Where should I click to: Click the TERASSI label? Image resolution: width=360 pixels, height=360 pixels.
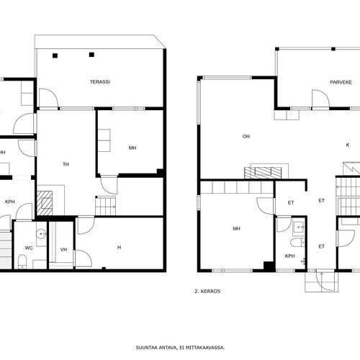(x=100, y=82)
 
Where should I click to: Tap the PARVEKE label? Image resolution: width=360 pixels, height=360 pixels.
(x=341, y=82)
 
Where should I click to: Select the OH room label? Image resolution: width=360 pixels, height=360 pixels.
(x=246, y=136)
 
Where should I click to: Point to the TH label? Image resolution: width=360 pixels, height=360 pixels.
(x=66, y=164)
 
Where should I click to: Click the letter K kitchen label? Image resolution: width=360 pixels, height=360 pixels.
(x=348, y=145)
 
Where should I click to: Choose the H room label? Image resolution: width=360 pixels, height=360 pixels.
(x=119, y=247)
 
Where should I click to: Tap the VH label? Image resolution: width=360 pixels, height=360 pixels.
(x=63, y=250)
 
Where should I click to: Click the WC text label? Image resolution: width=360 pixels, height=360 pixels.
(x=29, y=248)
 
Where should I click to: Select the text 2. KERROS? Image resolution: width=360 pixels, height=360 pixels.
(x=207, y=291)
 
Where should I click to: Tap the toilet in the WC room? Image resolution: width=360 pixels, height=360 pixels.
(x=22, y=262)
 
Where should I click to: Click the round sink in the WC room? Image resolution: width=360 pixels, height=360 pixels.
(x=41, y=233)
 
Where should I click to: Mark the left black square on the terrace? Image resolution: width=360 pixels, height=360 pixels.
(x=55, y=55)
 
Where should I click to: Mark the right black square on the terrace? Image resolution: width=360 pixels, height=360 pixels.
(x=91, y=55)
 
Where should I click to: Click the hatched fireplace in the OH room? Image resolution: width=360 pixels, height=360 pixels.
(x=263, y=173)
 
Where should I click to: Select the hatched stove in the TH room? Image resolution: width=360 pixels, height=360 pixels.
(x=45, y=203)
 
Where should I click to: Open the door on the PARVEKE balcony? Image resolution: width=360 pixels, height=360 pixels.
(x=320, y=99)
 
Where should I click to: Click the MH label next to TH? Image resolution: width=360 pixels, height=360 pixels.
(x=132, y=148)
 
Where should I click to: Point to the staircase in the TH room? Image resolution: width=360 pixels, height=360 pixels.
(x=106, y=206)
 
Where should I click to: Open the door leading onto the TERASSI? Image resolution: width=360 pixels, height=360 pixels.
(x=48, y=98)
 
